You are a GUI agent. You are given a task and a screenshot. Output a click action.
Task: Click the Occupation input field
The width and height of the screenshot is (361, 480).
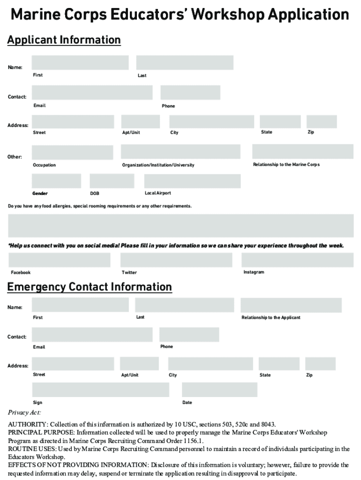pos(73,152)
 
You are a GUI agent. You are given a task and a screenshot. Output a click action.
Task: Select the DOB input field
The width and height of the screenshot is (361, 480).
pos(112,181)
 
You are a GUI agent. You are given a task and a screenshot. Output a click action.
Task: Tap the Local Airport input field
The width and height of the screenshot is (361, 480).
pos(192,181)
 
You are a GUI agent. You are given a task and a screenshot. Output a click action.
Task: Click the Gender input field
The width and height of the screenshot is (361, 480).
pos(56,181)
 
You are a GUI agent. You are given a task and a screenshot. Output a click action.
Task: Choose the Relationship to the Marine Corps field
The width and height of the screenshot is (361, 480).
pos(302,151)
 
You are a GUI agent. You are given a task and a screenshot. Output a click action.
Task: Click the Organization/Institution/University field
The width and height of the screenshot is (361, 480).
pos(180,151)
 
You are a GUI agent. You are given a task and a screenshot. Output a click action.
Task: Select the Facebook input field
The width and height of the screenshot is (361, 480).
pos(60,260)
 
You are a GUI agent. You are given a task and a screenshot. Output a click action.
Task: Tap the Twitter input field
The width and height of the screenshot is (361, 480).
pos(176,260)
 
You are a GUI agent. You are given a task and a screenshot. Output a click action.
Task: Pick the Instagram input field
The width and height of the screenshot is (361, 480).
pos(297,260)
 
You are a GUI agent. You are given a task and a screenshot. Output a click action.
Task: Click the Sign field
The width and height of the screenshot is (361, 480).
pos(100,390)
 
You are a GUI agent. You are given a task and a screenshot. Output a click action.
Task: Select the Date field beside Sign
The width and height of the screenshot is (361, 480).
pos(219,390)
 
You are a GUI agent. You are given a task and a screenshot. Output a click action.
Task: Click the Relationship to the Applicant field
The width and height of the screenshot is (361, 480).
pos(291,305)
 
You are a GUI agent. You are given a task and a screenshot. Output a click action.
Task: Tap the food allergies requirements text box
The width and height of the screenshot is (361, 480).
pos(181,225)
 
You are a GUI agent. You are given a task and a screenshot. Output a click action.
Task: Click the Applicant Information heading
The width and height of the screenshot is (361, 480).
pos(64,40)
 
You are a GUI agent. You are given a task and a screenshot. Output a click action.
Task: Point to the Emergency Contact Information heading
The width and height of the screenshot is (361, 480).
pos(89,286)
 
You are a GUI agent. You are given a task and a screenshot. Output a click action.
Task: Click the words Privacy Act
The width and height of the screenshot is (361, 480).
pos(24,412)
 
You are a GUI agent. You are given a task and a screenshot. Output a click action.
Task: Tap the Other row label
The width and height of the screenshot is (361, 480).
pos(15,157)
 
